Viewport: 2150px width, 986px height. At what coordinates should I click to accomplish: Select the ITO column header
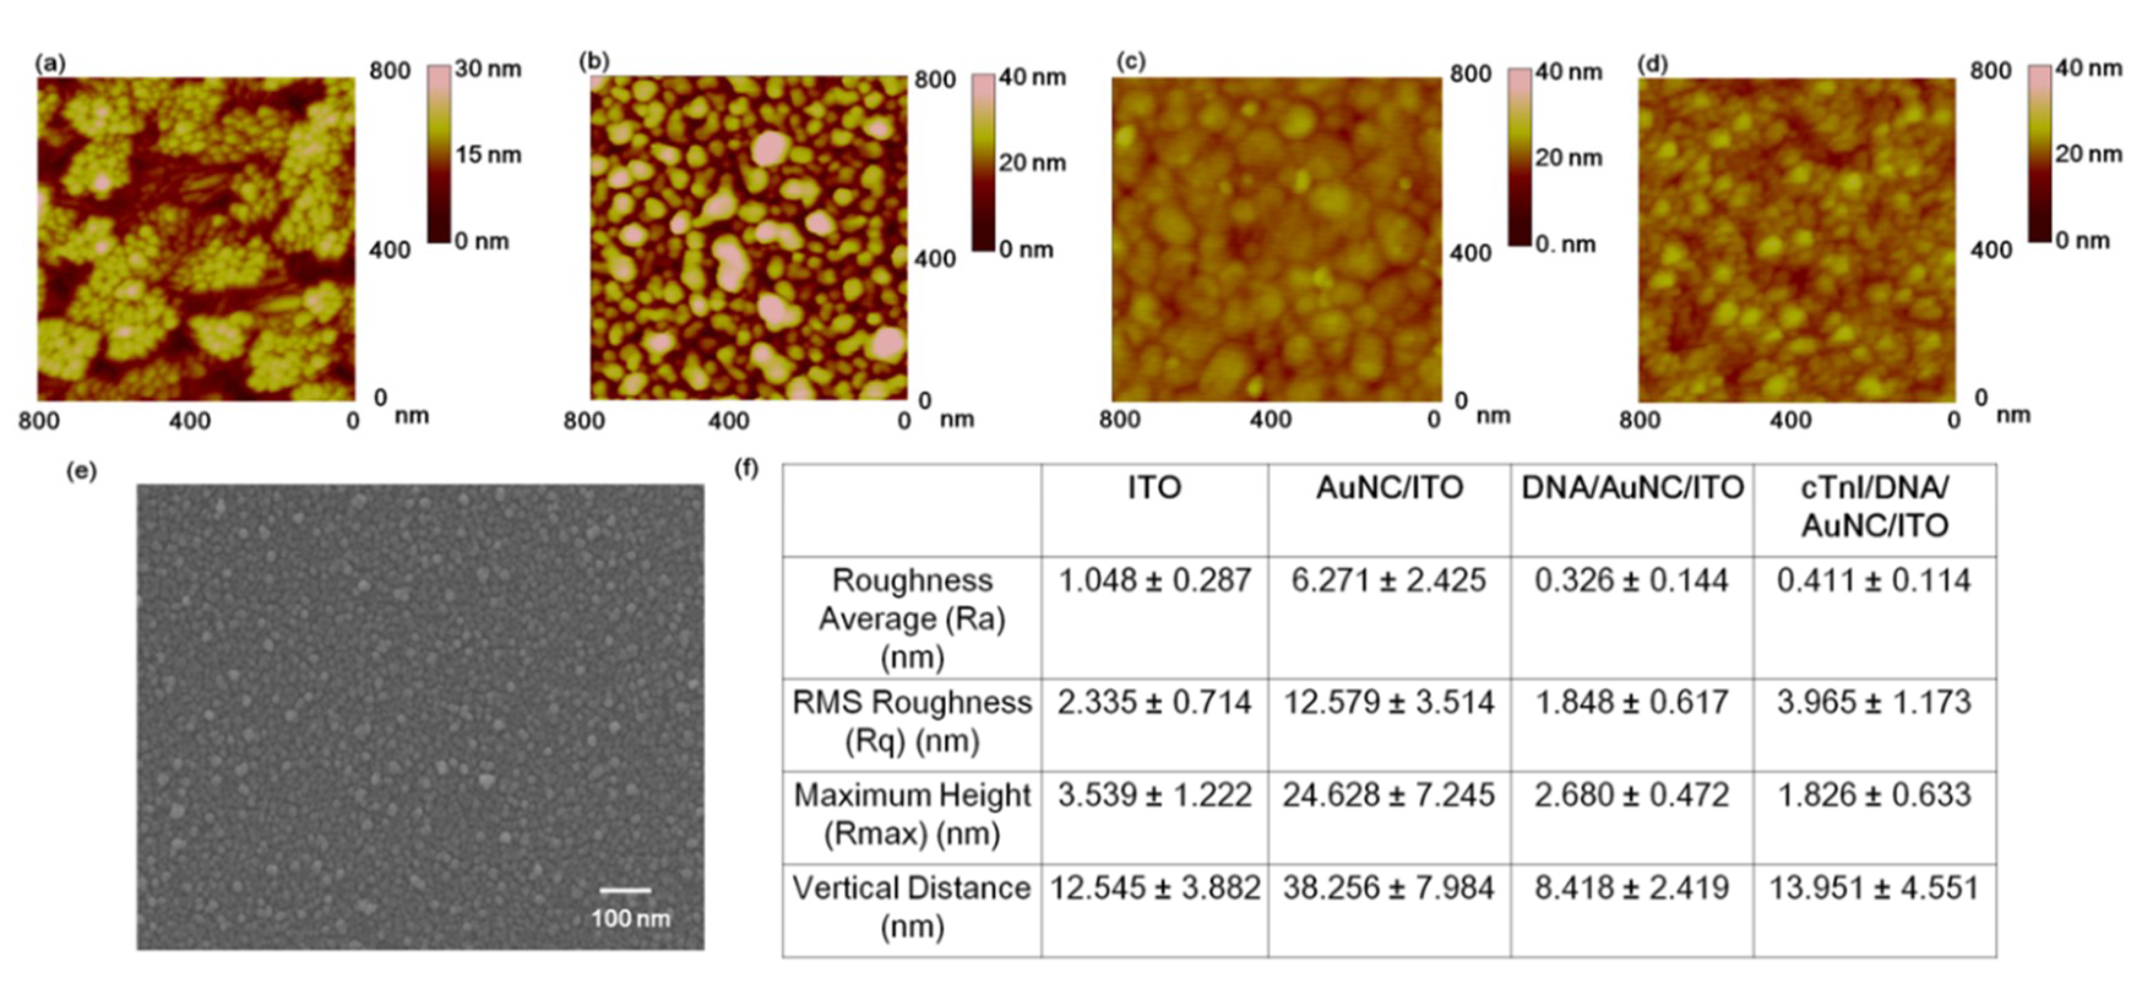point(1154,488)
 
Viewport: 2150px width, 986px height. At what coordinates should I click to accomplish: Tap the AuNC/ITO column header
point(1389,488)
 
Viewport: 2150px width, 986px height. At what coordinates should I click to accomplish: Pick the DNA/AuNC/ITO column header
point(1632,488)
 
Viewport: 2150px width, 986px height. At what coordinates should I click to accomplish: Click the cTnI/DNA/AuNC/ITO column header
point(1874,506)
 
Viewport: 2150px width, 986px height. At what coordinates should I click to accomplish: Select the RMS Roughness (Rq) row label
point(912,721)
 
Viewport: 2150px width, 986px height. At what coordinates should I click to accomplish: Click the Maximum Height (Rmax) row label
point(912,814)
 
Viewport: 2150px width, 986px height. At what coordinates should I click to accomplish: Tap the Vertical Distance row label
point(912,907)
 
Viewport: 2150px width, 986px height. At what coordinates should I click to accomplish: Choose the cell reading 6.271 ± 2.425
point(1389,580)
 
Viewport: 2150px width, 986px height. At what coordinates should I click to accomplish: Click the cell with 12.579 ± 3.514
point(1389,702)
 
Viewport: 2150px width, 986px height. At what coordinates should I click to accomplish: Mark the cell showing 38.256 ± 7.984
point(1389,887)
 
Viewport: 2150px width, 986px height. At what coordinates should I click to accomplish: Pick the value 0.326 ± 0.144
point(1632,580)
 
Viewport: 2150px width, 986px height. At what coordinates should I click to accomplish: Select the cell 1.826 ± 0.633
point(1874,795)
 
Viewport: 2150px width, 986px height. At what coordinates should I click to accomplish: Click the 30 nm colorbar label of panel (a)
point(488,69)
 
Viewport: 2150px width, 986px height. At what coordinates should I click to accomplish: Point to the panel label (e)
point(81,472)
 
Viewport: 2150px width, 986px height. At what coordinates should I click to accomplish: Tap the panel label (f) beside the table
point(746,469)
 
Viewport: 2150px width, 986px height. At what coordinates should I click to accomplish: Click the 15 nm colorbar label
point(488,154)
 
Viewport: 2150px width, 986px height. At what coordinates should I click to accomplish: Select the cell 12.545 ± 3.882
point(1154,887)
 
